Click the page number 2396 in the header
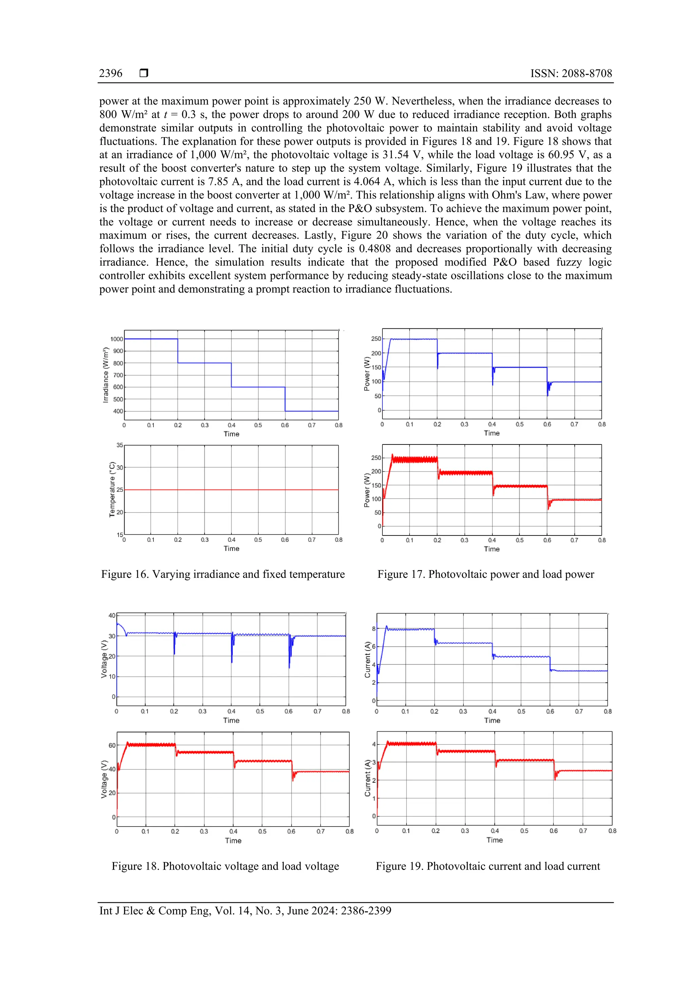(x=111, y=74)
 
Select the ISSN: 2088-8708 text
(x=571, y=74)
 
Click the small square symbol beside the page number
(x=144, y=73)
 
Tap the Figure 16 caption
(x=223, y=574)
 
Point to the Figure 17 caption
(x=486, y=574)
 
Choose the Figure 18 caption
(x=225, y=866)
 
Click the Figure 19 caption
(x=488, y=866)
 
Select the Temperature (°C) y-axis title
(x=112, y=489)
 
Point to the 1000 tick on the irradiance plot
(x=116, y=339)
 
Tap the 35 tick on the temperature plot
(x=119, y=445)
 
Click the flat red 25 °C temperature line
(x=231, y=490)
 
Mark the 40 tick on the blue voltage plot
(x=112, y=616)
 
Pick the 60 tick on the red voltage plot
(x=112, y=745)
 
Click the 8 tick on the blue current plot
(x=373, y=629)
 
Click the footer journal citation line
(x=245, y=911)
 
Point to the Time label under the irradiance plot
(x=231, y=434)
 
